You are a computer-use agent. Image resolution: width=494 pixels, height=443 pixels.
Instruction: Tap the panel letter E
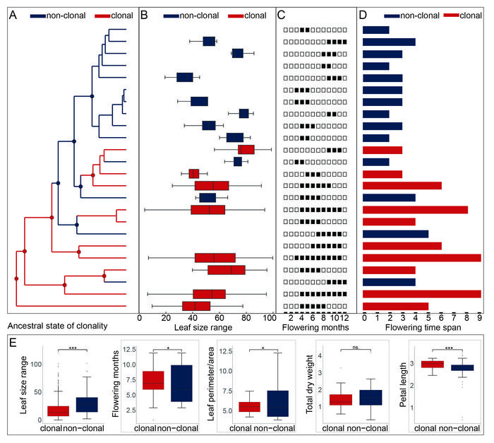tap(11, 342)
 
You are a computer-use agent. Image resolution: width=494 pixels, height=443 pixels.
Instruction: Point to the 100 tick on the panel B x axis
tap(269, 318)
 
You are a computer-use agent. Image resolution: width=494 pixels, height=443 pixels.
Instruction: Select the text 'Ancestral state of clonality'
tap(56, 326)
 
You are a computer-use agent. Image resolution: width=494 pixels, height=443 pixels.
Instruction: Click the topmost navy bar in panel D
tap(375, 30)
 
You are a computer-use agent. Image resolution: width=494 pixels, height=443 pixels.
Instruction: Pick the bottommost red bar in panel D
tap(395, 306)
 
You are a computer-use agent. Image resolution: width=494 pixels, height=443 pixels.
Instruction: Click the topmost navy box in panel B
tap(209, 41)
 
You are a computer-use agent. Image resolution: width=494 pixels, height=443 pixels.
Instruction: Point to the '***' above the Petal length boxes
tap(440, 348)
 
